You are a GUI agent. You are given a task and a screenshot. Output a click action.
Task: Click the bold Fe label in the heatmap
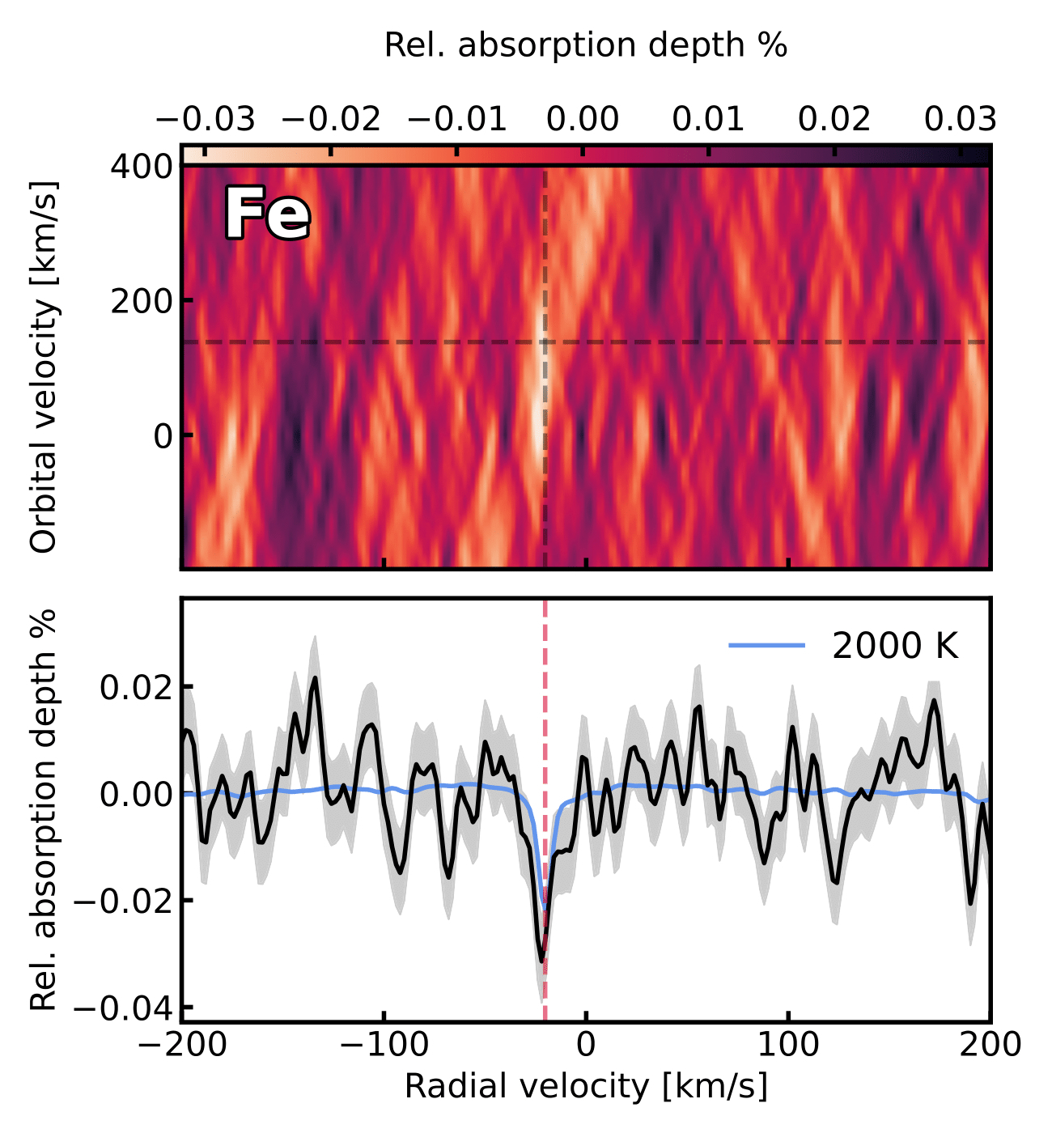266,214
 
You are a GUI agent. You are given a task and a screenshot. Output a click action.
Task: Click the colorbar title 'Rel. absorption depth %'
585,45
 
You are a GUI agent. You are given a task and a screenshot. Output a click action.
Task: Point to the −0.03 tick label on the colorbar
206,120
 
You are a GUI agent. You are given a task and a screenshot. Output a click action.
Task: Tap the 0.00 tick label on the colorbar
583,120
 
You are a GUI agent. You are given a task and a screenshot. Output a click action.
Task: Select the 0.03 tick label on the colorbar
960,120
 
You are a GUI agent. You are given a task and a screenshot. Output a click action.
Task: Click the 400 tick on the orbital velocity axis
142,167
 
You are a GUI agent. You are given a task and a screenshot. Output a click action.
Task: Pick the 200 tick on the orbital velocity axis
142,301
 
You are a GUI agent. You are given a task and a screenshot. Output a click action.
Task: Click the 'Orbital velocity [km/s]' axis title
45,367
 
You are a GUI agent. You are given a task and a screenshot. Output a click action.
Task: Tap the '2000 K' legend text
895,646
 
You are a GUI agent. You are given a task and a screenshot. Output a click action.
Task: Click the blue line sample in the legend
766,645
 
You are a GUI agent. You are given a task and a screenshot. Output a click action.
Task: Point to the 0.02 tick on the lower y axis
136,687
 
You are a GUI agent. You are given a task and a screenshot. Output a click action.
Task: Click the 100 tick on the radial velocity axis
788,1044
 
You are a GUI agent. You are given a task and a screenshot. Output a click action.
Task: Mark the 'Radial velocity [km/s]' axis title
585,1086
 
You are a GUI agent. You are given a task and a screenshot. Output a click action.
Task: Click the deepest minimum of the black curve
541,961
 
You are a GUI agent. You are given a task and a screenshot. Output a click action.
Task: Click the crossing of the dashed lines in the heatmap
545,342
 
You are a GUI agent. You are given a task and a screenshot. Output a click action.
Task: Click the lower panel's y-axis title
45,809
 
